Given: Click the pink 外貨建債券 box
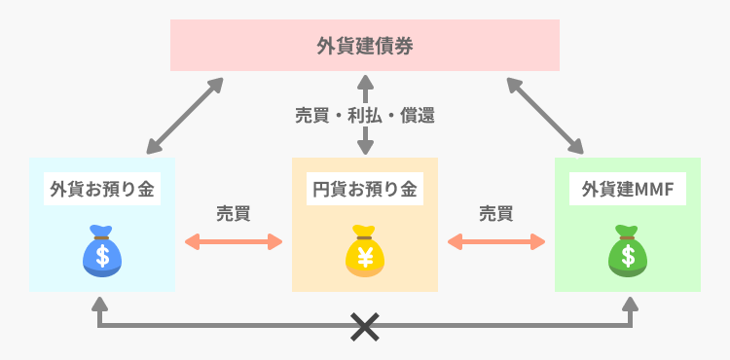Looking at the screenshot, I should point(365,46).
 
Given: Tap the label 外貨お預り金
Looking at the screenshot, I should point(102,189).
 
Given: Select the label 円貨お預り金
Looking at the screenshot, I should point(365,189).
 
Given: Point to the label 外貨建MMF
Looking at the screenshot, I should point(628,189).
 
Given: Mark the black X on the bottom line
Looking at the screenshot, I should point(365,328).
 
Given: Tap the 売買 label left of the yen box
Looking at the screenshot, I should point(234,213).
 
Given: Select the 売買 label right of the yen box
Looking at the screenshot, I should point(496,213).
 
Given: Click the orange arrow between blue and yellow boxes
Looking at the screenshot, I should point(234,241).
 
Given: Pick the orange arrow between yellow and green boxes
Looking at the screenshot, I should point(496,241).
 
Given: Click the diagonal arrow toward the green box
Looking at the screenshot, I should point(545,115).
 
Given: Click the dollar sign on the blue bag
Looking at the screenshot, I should point(102,256).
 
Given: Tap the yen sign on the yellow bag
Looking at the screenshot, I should point(365,256).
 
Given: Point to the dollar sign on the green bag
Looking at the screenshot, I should point(628,256).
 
